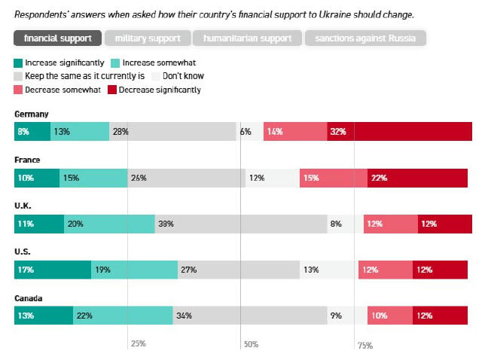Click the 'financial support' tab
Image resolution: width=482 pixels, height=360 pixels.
(x=58, y=38)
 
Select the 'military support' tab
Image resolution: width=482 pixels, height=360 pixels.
(x=148, y=38)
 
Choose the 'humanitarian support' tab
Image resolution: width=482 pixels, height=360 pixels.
(x=247, y=38)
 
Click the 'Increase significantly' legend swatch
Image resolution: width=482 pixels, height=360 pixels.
(x=18, y=63)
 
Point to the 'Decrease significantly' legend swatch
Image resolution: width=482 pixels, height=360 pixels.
(x=112, y=90)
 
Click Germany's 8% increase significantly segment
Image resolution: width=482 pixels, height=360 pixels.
(x=32, y=131)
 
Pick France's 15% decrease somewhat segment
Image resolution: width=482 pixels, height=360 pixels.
(x=333, y=178)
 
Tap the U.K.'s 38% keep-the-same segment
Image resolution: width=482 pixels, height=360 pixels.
(x=241, y=224)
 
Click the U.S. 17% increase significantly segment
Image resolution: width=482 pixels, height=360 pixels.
(x=53, y=270)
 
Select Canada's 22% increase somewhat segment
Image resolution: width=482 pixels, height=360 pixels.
(x=123, y=316)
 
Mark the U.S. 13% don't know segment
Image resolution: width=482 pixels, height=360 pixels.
(x=329, y=270)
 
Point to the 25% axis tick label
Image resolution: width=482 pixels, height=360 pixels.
(x=139, y=344)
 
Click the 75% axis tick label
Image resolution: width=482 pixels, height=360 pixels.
(x=365, y=346)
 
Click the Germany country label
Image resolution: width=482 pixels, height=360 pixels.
(x=32, y=114)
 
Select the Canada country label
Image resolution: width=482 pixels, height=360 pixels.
(x=29, y=298)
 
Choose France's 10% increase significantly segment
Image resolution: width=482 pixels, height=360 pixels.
(x=37, y=178)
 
